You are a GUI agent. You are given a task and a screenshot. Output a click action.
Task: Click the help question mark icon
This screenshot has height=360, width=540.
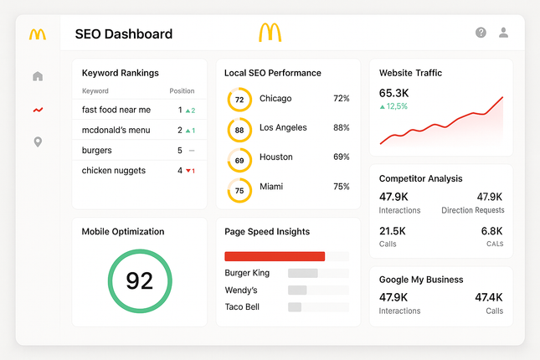(481, 33)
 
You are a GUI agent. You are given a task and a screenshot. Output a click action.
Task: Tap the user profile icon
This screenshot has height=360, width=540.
(503, 33)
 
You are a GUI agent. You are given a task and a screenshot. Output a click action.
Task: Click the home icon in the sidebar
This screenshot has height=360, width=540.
(38, 77)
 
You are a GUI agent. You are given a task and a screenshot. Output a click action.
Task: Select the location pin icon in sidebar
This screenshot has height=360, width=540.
(38, 142)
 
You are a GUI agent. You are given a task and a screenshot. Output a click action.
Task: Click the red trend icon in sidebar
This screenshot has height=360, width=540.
(38, 110)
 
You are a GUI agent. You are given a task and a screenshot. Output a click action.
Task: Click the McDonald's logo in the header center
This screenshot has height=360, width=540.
(270, 33)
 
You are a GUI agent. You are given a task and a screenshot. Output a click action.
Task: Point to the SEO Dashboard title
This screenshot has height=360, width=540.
(123, 34)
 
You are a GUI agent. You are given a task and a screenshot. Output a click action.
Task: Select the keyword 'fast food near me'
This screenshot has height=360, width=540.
(116, 110)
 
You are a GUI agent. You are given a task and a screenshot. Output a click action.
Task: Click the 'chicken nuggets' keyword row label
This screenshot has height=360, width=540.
(114, 171)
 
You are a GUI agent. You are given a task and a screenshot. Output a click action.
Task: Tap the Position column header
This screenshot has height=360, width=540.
(182, 91)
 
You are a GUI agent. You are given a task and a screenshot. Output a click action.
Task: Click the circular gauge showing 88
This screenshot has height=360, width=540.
(239, 130)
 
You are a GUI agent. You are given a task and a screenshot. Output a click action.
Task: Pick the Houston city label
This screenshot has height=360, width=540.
(276, 157)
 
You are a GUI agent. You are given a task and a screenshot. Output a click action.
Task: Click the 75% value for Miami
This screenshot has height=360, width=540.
(341, 188)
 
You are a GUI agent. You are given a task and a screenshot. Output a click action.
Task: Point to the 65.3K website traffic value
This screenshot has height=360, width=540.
(394, 93)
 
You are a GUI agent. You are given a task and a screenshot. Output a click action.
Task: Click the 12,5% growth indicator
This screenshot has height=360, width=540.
(393, 107)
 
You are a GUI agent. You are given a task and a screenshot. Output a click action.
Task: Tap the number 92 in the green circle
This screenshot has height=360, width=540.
(139, 280)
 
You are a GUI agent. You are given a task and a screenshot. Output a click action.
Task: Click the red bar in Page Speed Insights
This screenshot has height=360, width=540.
(275, 256)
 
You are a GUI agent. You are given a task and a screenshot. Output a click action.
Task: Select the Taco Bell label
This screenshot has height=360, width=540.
(242, 307)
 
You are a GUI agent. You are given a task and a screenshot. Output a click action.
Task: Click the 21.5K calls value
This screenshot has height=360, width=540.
(393, 231)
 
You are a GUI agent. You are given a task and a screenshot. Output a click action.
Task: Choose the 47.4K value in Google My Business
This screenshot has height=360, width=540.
(489, 297)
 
